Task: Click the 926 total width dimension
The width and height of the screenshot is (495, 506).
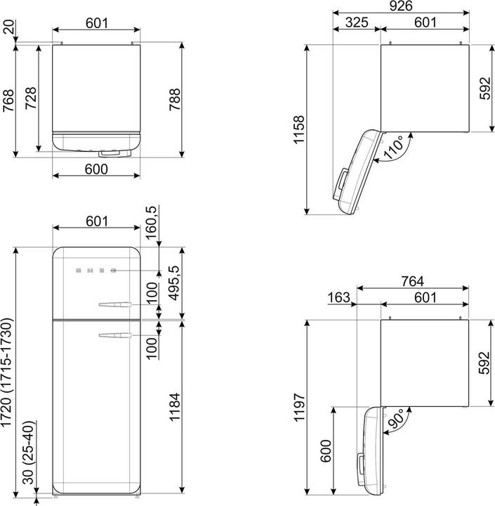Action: [401, 6]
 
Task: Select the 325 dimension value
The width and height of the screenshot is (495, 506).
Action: [357, 22]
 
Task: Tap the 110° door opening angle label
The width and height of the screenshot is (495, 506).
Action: [394, 147]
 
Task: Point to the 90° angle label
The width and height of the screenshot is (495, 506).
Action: [396, 419]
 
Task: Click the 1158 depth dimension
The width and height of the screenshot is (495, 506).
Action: [299, 129]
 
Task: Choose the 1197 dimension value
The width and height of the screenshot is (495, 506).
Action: [299, 407]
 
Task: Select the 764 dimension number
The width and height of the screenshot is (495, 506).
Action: [412, 281]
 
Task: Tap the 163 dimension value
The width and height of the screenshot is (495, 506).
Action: [338, 297]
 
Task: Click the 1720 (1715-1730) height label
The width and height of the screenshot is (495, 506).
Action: [6, 372]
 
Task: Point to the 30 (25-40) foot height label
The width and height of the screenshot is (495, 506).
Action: [28, 453]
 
